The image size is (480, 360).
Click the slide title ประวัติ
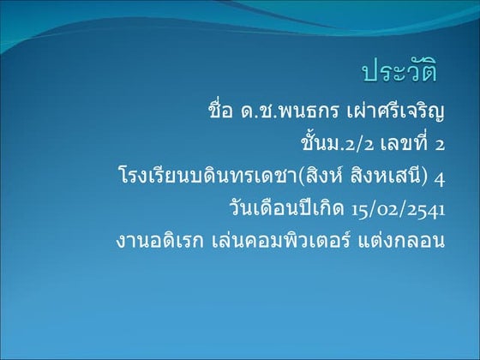399,73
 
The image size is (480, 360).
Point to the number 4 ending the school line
440,177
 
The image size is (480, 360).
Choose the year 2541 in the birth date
425,209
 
